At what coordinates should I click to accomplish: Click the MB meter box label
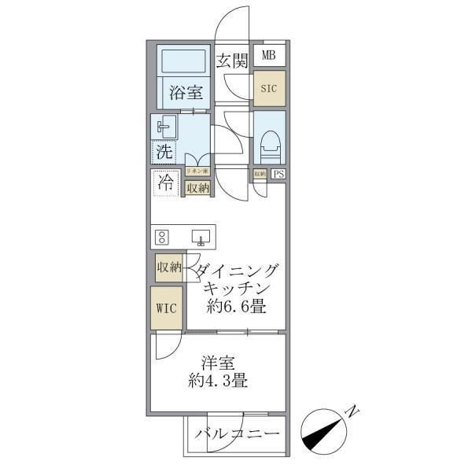click(269, 56)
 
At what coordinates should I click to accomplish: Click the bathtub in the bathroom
click(182, 61)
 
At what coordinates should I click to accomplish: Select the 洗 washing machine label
click(164, 151)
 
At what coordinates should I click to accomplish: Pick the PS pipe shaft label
click(278, 175)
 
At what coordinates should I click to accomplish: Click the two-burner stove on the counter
click(163, 236)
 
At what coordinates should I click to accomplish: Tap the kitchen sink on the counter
click(200, 236)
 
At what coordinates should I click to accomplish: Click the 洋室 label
click(217, 365)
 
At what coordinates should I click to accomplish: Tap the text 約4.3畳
click(217, 383)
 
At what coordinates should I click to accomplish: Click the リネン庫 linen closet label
click(197, 171)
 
